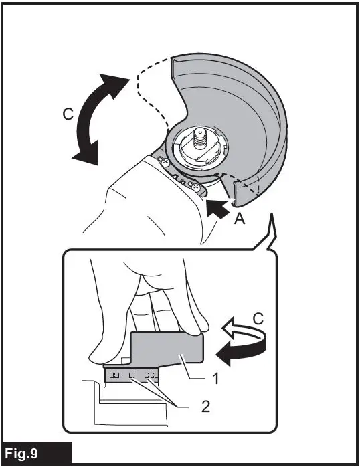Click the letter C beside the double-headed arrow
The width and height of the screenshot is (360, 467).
(x=68, y=114)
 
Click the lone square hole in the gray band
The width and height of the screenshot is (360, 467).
(x=132, y=377)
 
